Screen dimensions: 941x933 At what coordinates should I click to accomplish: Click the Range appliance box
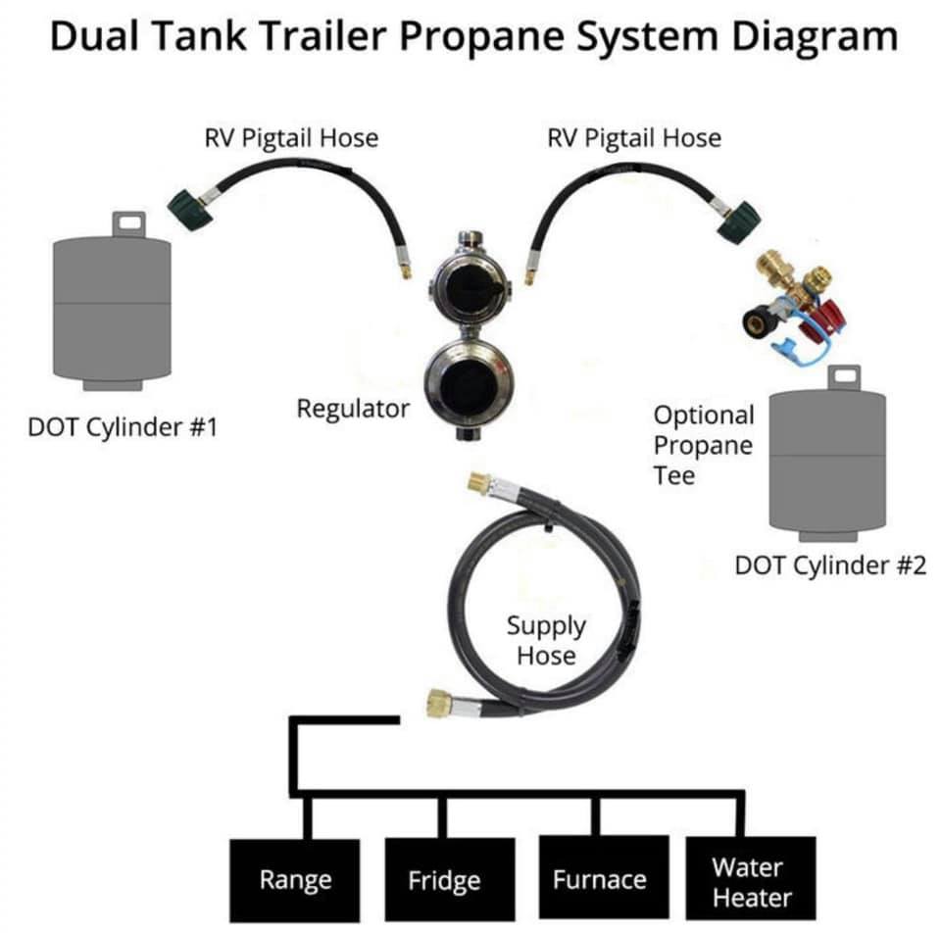[295, 880]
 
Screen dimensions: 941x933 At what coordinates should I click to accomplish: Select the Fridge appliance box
[450, 879]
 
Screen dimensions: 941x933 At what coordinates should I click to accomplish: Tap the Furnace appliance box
[604, 877]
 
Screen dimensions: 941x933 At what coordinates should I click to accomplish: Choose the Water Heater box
[751, 878]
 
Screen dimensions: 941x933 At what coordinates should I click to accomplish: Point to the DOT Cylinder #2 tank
[827, 454]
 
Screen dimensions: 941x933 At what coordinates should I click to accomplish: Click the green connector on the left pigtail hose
[187, 209]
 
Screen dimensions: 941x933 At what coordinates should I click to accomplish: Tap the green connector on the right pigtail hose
[739, 221]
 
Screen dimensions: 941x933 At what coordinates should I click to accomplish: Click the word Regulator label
[353, 409]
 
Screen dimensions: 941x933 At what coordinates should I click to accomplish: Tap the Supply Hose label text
[546, 640]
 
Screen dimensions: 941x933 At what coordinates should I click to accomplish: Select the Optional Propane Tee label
[704, 445]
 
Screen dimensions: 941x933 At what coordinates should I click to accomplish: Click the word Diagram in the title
[815, 36]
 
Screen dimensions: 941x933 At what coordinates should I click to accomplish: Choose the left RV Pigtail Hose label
[292, 138]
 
